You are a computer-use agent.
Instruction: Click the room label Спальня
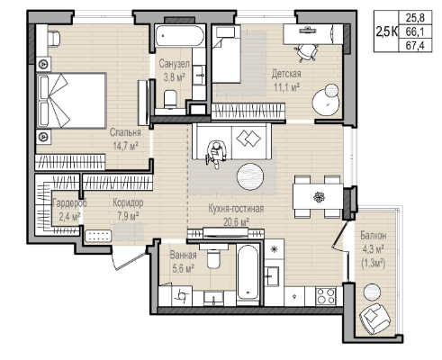[x=125, y=132]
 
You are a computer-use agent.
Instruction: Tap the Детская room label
[x=286, y=74]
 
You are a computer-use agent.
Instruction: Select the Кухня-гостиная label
[x=236, y=209]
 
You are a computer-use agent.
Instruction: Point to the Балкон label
[x=374, y=236]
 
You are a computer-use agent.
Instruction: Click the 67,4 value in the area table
[x=415, y=45]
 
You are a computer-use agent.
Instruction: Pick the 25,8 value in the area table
[x=415, y=18]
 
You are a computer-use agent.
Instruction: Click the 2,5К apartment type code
[x=387, y=31]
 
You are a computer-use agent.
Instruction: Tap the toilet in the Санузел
[x=171, y=99]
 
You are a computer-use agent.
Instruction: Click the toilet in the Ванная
[x=214, y=256]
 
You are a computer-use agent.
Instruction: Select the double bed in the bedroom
[x=71, y=101]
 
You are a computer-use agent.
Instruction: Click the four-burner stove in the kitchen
[x=326, y=296]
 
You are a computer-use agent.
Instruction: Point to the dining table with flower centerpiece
[x=318, y=197]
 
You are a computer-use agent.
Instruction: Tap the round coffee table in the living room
[x=250, y=176]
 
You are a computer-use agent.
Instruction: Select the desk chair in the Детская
[x=307, y=51]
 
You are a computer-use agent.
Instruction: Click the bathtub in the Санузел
[x=180, y=36]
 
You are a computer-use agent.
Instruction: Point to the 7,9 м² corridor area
[x=128, y=216]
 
